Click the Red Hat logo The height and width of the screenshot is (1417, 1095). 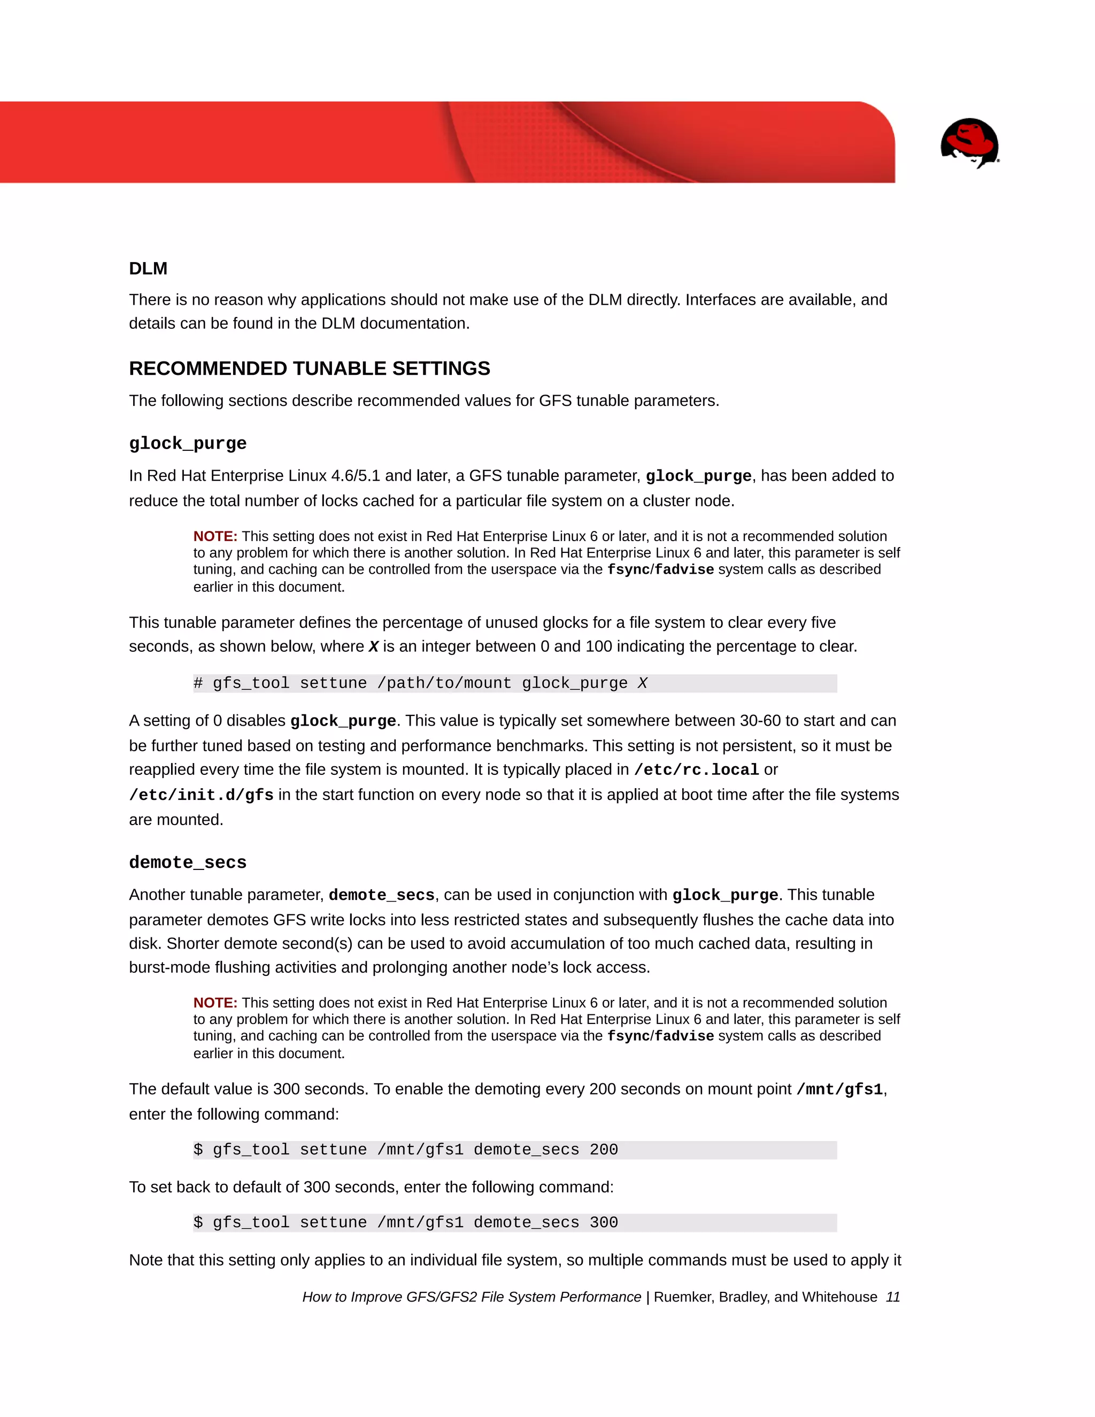[969, 143]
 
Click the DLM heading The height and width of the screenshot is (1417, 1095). [148, 268]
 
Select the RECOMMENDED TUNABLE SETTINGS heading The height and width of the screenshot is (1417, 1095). [309, 368]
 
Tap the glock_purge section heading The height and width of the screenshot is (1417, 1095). [188, 443]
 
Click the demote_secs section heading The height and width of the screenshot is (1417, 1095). [188, 862]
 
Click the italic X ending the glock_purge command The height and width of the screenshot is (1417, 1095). [642, 683]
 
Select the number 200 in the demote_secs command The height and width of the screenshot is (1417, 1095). [603, 1150]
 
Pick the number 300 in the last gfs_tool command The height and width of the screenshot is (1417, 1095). [603, 1222]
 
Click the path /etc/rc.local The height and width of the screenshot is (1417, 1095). [696, 769]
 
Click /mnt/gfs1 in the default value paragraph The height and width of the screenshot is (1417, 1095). [839, 1089]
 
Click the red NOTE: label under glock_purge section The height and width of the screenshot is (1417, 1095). [215, 536]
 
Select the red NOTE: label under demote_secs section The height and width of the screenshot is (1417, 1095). [215, 1003]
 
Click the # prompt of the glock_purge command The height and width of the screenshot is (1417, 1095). [198, 683]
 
